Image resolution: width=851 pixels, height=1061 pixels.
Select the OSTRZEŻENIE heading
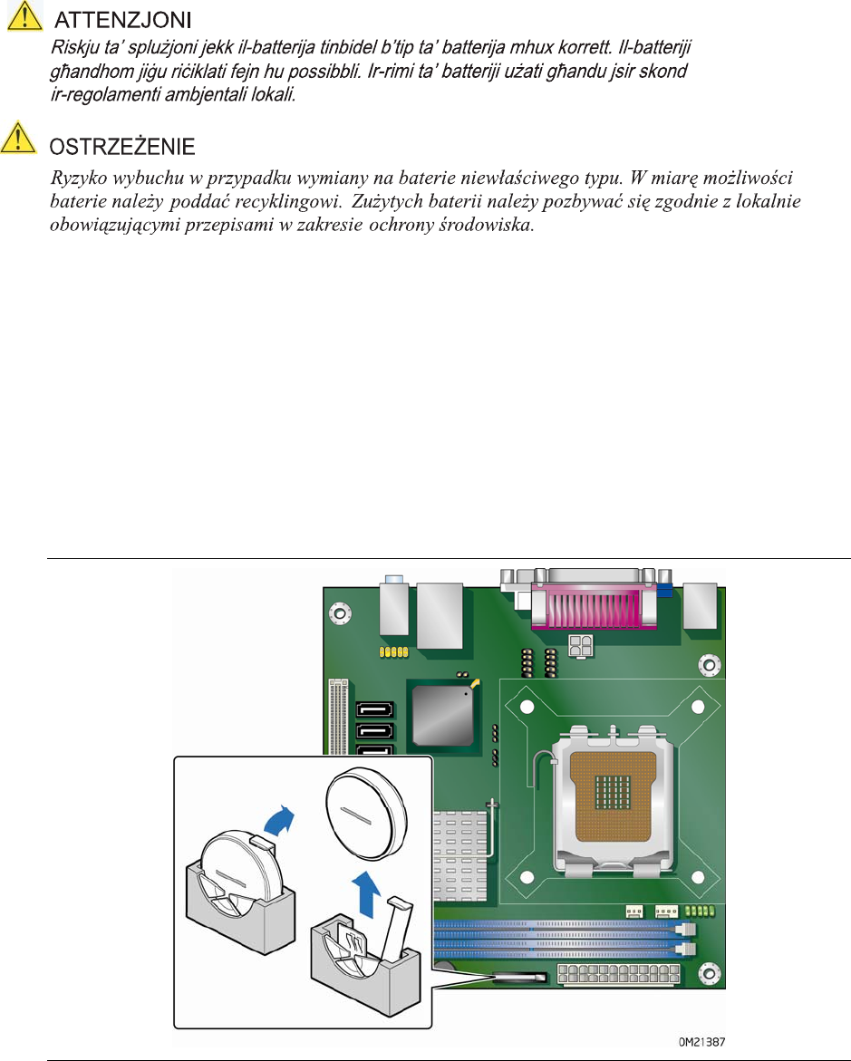(x=121, y=146)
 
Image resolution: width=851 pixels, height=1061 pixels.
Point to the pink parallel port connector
(x=593, y=605)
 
